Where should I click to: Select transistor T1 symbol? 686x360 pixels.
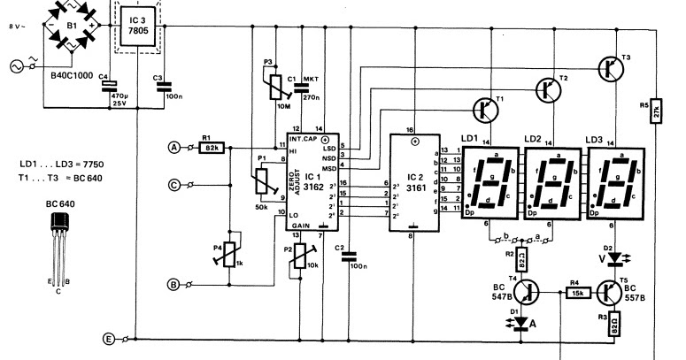click(x=484, y=110)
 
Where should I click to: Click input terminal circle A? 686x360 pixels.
click(x=173, y=147)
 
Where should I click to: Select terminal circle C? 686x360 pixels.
click(x=173, y=186)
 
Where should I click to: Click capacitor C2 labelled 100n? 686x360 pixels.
click(x=351, y=259)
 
